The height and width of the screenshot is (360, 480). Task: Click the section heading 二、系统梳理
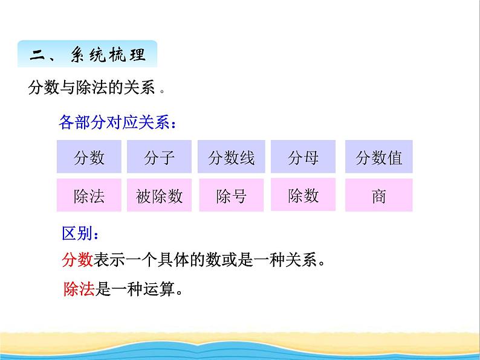pos(88,54)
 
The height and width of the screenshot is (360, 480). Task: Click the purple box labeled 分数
pos(89,156)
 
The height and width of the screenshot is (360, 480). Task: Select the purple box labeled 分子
pos(159,156)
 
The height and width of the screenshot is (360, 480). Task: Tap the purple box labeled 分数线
pos(232,156)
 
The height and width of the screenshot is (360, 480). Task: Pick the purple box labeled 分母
pos(303,156)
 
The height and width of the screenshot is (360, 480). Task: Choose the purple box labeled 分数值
pos(379,156)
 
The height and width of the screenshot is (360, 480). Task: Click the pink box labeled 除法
pos(89,195)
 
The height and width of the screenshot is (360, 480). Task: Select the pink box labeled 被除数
pos(159,195)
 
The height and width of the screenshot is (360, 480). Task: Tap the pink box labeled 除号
pos(232,195)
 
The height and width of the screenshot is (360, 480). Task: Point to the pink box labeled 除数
pos(303,194)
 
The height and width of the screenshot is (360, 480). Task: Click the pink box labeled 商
pos(379,195)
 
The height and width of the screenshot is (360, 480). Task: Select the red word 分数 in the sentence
pos(77,260)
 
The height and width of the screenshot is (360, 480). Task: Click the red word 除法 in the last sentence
pos(79,289)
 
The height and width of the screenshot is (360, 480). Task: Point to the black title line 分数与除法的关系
pos(91,87)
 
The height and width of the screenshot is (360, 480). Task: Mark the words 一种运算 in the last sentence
pos(143,289)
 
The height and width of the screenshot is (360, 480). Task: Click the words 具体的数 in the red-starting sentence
pos(189,260)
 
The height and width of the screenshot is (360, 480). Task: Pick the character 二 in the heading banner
pos(37,55)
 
